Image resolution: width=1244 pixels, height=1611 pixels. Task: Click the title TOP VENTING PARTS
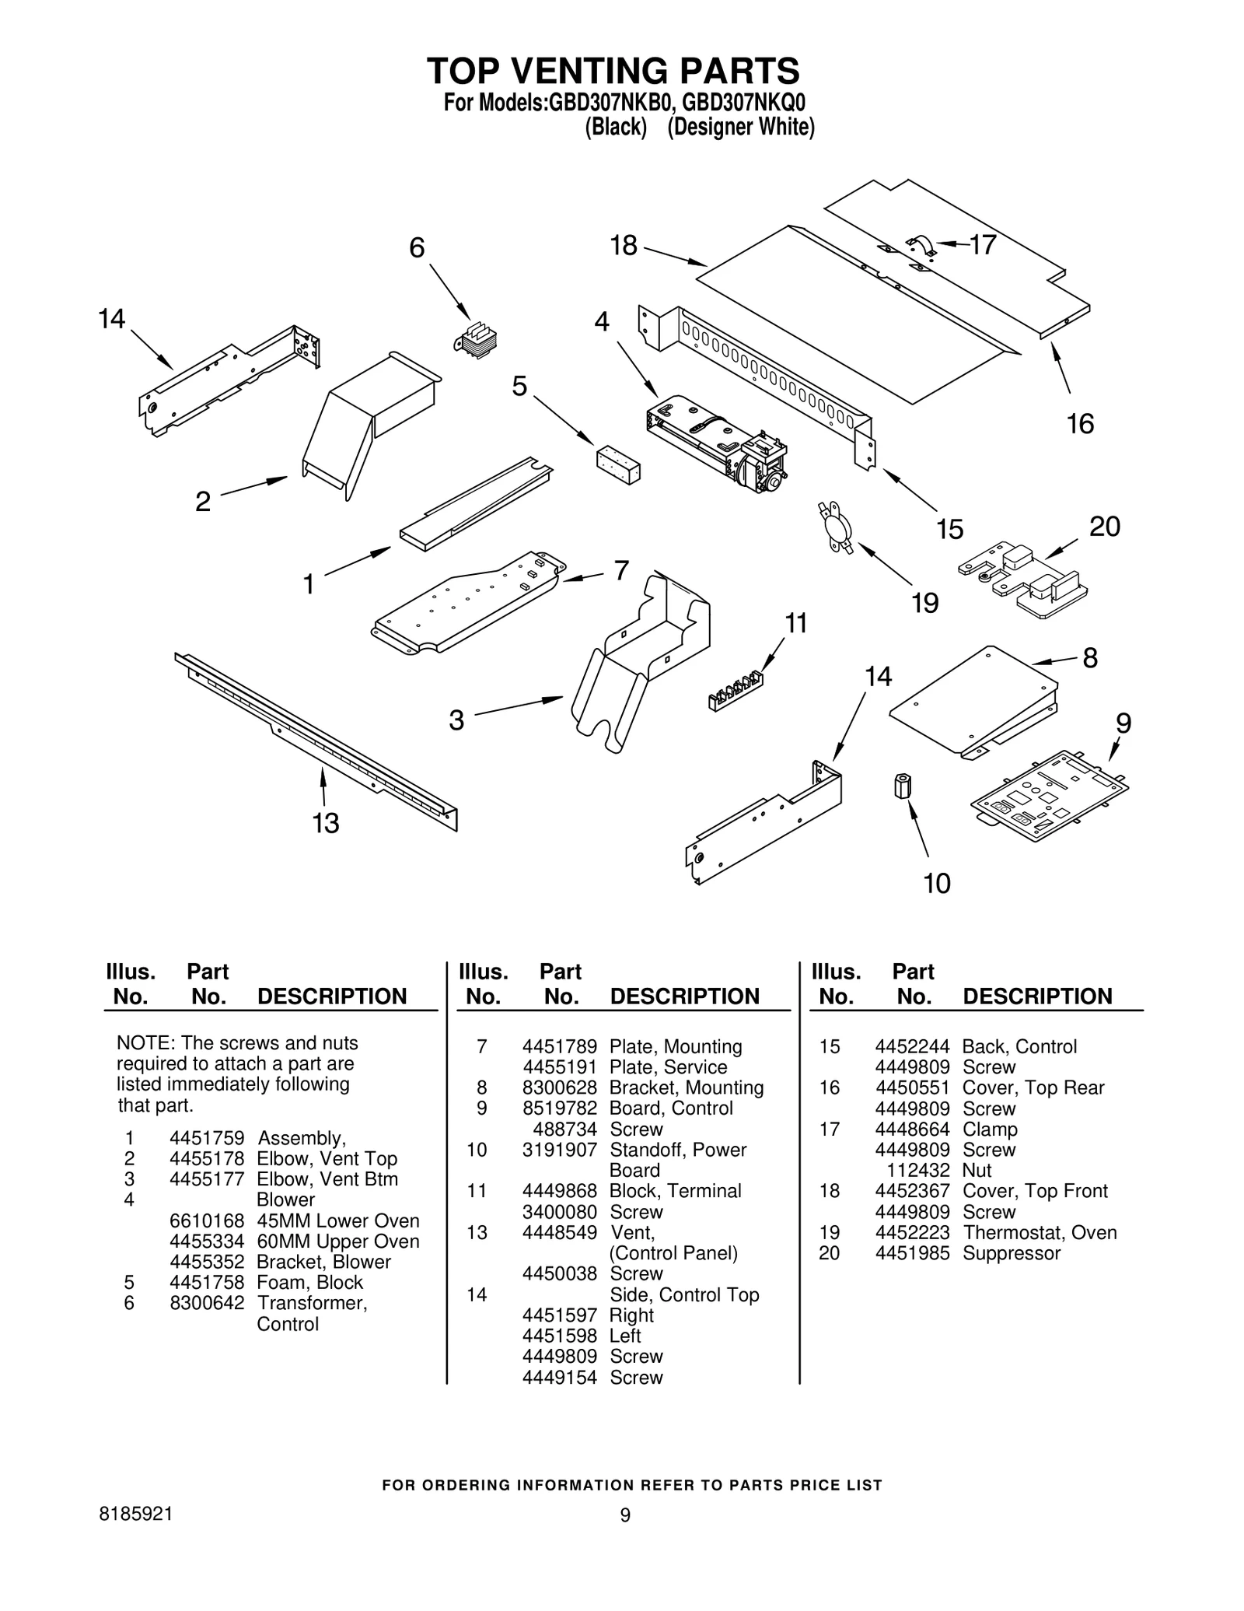pyautogui.click(x=613, y=71)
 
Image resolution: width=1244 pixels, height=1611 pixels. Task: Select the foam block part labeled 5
pyautogui.click(x=618, y=464)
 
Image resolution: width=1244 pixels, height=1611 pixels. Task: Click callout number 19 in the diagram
pyautogui.click(x=925, y=603)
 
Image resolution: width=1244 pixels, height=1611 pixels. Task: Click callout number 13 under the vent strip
pyautogui.click(x=326, y=822)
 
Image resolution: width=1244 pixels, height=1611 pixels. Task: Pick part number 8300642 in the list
pyautogui.click(x=207, y=1303)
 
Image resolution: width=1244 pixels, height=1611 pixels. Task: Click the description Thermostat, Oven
pyautogui.click(x=1040, y=1233)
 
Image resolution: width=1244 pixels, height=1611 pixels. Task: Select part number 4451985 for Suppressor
pyautogui.click(x=912, y=1254)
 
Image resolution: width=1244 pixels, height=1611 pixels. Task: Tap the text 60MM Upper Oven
pyautogui.click(x=337, y=1242)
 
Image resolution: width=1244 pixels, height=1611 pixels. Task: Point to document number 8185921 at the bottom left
pyautogui.click(x=136, y=1514)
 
